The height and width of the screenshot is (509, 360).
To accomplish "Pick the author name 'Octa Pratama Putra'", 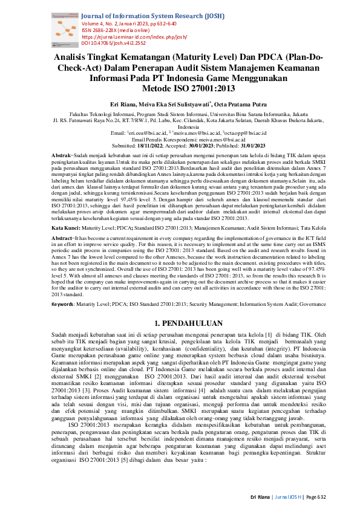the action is [230, 104].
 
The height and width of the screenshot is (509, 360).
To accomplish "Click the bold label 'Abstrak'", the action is [62, 155].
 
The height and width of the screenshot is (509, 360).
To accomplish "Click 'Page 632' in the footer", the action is [316, 497].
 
